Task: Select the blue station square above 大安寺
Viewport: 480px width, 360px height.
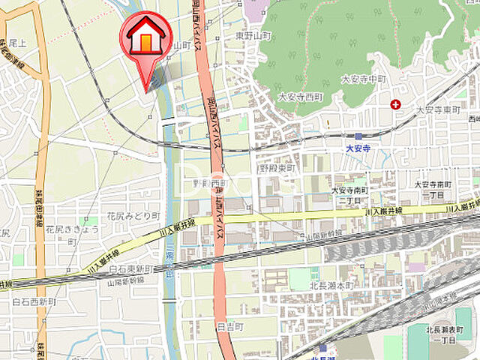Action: coord(358,136)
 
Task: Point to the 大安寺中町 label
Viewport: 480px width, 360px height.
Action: coord(363,79)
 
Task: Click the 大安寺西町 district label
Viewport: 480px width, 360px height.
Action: coord(299,97)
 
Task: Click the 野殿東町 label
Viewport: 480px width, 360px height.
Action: coord(277,169)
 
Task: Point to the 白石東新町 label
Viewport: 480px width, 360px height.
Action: coord(131,268)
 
